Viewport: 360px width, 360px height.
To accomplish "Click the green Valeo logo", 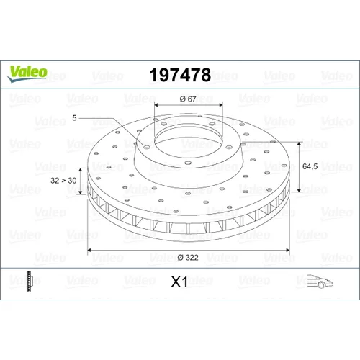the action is point(27,73).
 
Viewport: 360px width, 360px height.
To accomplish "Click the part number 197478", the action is point(180,75).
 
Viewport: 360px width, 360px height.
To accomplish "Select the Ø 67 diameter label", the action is point(188,99).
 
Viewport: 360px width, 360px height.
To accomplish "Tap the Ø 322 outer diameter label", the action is point(188,258).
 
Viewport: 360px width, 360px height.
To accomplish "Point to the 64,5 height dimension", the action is point(310,166).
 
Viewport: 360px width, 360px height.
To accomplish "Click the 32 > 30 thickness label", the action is point(63,181).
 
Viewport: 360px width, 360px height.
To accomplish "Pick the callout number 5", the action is point(74,118).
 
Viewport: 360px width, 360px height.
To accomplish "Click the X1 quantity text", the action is point(179,282).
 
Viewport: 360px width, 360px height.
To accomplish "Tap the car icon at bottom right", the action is point(320,281).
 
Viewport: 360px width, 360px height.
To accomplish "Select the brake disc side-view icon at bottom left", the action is point(29,281).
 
